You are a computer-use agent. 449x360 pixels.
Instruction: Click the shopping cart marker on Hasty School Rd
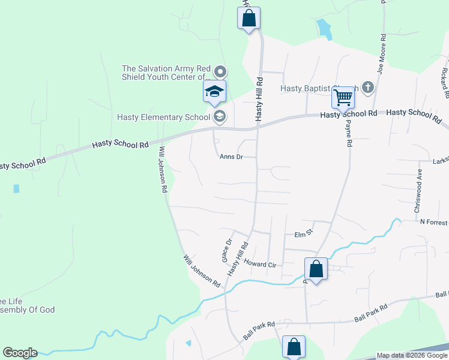coord(343,96)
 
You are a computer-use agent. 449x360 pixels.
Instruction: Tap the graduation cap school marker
coord(214,92)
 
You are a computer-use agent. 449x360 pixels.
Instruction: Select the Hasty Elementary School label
coord(163,117)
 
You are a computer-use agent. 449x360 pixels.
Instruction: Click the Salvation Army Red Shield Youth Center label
coord(166,73)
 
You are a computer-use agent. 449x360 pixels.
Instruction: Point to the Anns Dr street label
coord(231,157)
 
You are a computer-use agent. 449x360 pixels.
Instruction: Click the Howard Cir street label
coord(259,263)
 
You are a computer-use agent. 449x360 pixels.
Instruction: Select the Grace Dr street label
coord(228,251)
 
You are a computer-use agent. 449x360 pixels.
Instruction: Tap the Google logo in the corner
coord(20,353)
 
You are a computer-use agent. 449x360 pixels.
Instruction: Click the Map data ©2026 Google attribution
coord(411,355)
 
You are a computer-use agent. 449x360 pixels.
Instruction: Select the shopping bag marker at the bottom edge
coord(294,346)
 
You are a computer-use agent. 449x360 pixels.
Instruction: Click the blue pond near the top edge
coord(324,28)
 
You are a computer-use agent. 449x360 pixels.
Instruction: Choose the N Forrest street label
coord(434,222)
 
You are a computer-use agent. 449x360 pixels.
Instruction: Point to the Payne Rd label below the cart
coord(348,133)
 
